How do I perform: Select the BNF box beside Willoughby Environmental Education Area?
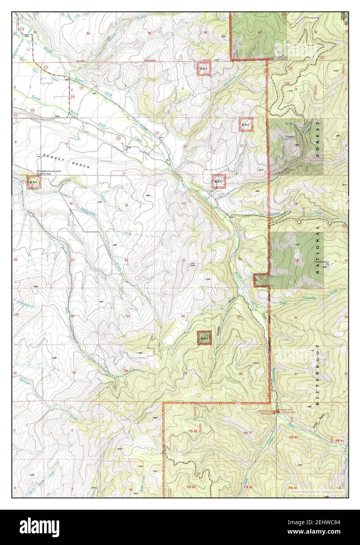click(34, 182)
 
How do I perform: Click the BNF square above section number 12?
click(246, 125)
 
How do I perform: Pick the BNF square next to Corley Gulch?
click(204, 338)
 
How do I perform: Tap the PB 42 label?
click(293, 437)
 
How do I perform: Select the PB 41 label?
click(340, 441)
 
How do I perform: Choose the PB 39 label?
click(191, 487)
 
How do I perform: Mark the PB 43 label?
click(293, 487)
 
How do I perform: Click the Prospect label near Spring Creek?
click(290, 137)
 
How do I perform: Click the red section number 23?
click(183, 260)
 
